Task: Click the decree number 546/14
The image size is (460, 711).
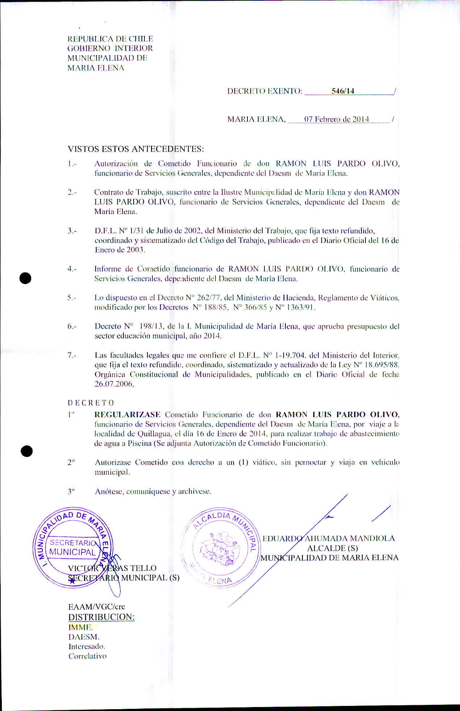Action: [343, 91]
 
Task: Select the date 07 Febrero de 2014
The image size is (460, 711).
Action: [336, 119]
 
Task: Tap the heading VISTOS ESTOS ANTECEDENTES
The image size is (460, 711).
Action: [136, 149]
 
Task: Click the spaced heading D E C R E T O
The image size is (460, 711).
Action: [91, 403]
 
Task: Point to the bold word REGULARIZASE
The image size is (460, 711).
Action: [127, 414]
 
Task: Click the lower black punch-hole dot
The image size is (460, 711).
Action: [26, 451]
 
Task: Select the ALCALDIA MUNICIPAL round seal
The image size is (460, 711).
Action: [220, 546]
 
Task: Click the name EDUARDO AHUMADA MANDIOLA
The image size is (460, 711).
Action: [329, 538]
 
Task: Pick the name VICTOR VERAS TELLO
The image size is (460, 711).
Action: [112, 568]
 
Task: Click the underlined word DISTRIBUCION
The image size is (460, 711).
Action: [101, 617]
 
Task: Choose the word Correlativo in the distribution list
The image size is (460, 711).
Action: [88, 656]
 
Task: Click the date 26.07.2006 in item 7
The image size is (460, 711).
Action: [114, 384]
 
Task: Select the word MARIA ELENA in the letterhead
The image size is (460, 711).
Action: [96, 68]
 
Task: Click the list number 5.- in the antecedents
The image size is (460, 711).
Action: [72, 298]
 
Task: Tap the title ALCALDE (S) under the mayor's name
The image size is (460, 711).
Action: [332, 548]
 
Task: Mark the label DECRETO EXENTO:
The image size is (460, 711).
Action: [265, 91]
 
